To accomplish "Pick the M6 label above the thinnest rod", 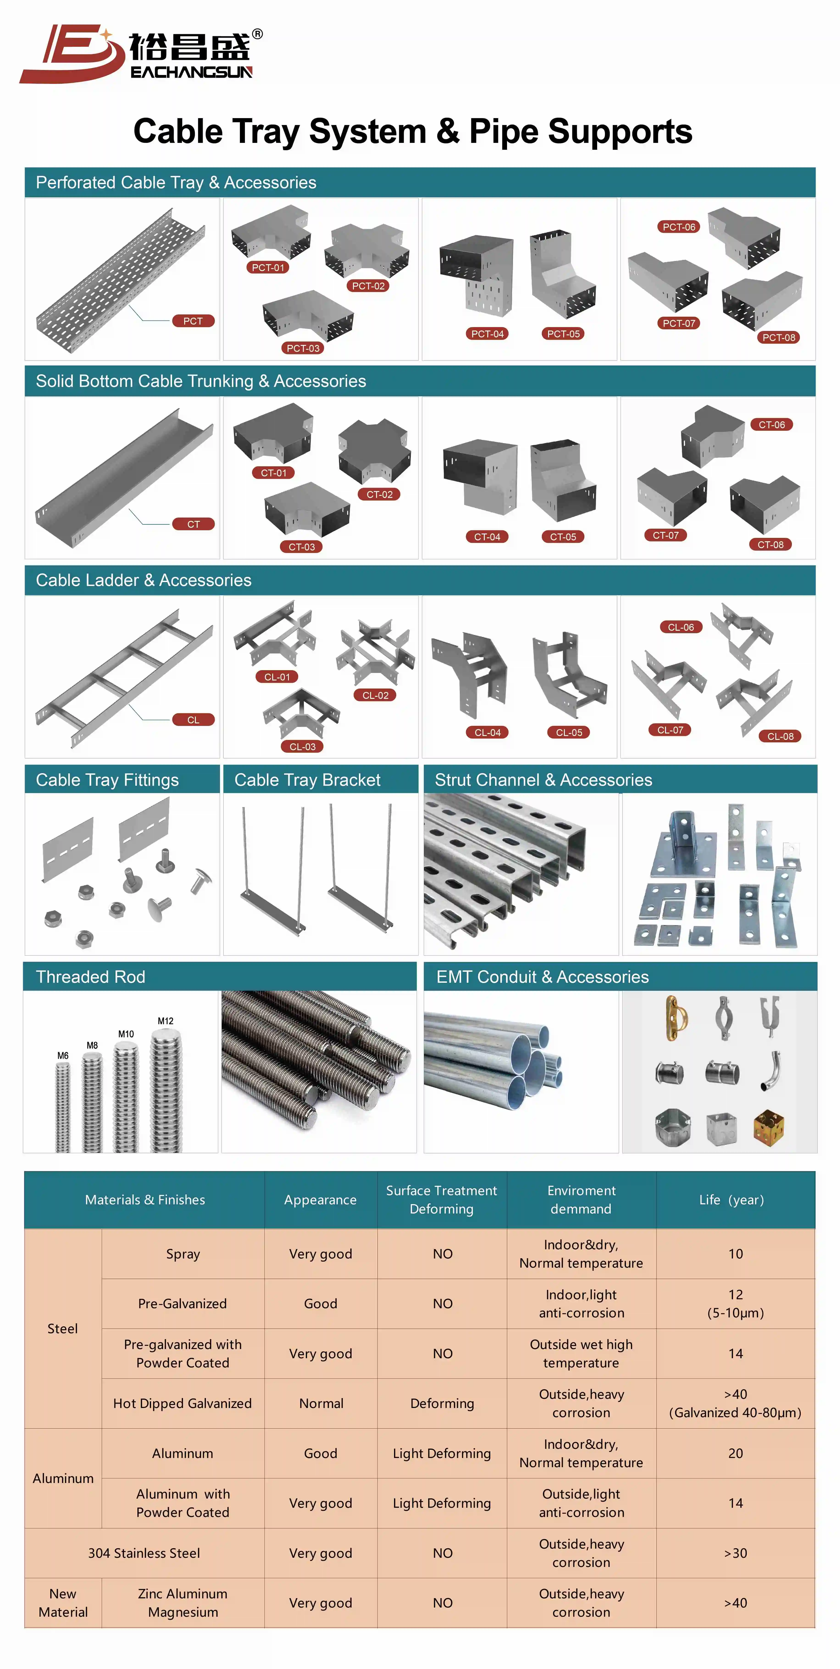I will coord(63,1055).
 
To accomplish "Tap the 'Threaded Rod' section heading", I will coord(91,977).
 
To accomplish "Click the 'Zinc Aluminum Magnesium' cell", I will coord(183,1603).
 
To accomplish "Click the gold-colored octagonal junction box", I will coord(769,1128).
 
